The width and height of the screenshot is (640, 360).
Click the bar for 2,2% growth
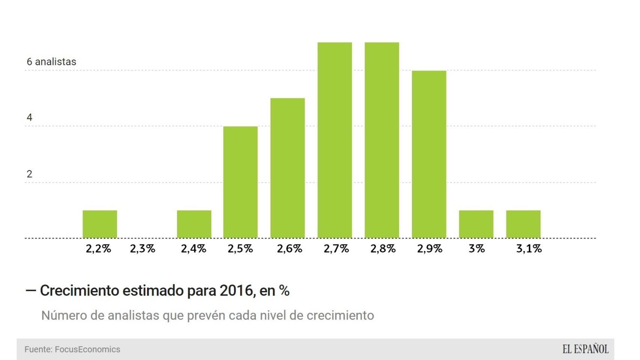click(100, 224)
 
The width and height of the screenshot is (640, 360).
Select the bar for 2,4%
click(194, 224)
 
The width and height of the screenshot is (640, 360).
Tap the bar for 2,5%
click(240, 182)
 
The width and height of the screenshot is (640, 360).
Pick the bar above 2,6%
click(288, 168)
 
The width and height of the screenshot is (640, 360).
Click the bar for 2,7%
click(335, 140)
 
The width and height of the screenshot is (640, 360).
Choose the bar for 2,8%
click(382, 140)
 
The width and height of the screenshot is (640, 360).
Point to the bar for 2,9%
click(429, 154)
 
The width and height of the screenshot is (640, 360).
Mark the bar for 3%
click(476, 224)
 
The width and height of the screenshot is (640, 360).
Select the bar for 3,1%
click(523, 224)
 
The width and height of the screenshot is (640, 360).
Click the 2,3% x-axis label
click(143, 249)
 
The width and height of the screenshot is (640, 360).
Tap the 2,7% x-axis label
click(336, 249)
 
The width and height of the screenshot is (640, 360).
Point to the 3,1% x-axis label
click(529, 249)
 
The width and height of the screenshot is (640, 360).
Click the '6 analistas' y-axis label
click(51, 62)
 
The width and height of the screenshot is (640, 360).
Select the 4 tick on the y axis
click(29, 118)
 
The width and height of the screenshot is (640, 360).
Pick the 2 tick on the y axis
click(29, 174)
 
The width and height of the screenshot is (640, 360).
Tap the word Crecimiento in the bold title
click(79, 291)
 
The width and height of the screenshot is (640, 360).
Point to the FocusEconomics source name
click(87, 349)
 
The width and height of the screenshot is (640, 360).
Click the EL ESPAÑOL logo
click(585, 349)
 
